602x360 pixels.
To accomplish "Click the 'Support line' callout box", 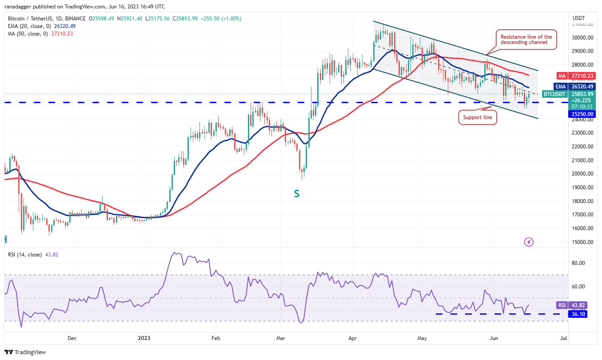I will coord(477,118).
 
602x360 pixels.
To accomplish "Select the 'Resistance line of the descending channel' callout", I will coord(526,40).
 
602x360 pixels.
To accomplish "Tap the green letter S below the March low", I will coord(296,194).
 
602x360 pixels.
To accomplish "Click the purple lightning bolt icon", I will coord(529,242).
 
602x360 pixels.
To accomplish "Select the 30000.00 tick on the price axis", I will coord(582,38).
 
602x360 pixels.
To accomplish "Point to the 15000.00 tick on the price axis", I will coord(582,242).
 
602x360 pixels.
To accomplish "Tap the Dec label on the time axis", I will coord(72,338).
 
